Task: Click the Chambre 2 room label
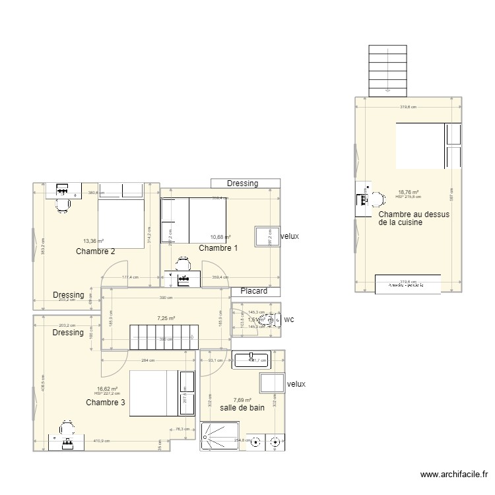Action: [96, 251]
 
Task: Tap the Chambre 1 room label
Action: [218, 247]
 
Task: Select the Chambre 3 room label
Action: [106, 402]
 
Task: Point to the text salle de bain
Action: [242, 408]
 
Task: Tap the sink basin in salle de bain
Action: [251, 359]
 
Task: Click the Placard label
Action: [253, 291]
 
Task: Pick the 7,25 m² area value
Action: [166, 318]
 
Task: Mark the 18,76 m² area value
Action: [408, 193]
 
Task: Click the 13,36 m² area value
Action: [93, 241]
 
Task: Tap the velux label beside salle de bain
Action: [296, 384]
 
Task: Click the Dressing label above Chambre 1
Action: [242, 183]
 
